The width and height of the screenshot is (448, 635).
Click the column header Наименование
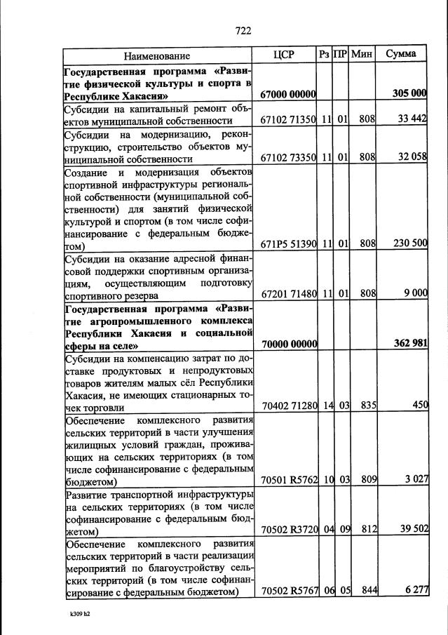pos(157,55)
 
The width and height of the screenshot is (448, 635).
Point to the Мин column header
pos(362,54)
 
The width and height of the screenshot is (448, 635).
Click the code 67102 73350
pos(287,157)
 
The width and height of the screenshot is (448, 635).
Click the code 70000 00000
pos(287,344)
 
